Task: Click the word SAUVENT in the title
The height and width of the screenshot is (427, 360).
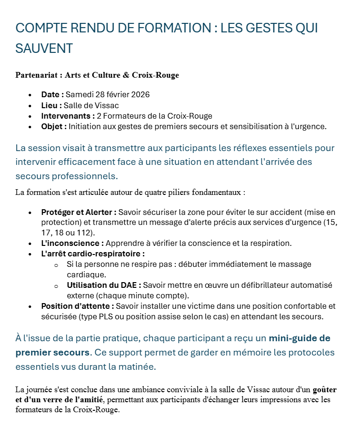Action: pos(44,48)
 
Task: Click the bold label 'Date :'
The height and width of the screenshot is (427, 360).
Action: pos(52,94)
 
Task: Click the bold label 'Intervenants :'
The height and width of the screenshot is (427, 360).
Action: pos(68,116)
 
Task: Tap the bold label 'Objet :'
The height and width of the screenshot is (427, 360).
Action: pos(54,126)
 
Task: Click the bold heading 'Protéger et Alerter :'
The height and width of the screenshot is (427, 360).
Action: pos(79,212)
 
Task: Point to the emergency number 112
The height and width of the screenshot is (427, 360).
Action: pos(85,233)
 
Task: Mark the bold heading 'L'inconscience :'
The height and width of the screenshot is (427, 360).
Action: pos(72,243)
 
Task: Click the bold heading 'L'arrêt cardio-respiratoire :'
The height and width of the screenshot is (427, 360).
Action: pos(93,254)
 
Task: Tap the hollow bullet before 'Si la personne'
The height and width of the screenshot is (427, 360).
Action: pos(56,264)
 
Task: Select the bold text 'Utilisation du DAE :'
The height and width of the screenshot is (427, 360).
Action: pos(104,285)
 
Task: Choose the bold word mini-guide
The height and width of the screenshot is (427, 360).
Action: pos(293,338)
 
